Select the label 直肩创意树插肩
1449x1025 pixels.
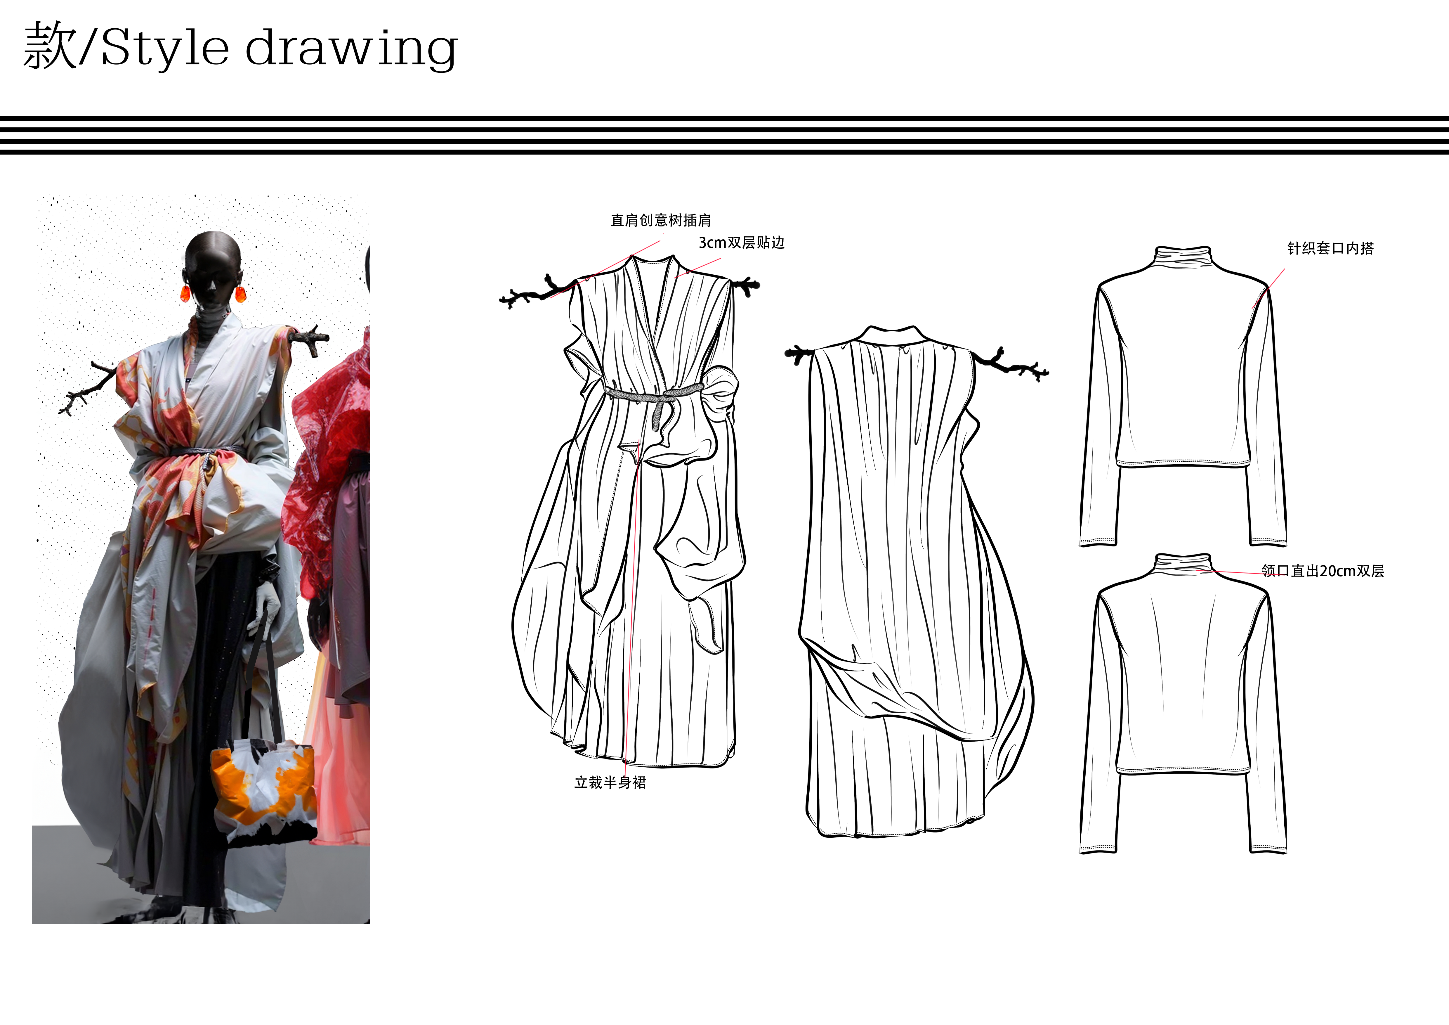pyautogui.click(x=661, y=220)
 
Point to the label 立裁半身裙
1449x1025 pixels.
pyautogui.click(x=610, y=783)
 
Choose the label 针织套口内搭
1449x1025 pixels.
pyautogui.click(x=1330, y=248)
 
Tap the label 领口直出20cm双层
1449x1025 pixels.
pyautogui.click(x=1323, y=571)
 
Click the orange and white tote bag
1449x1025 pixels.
pyautogui.click(x=263, y=792)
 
